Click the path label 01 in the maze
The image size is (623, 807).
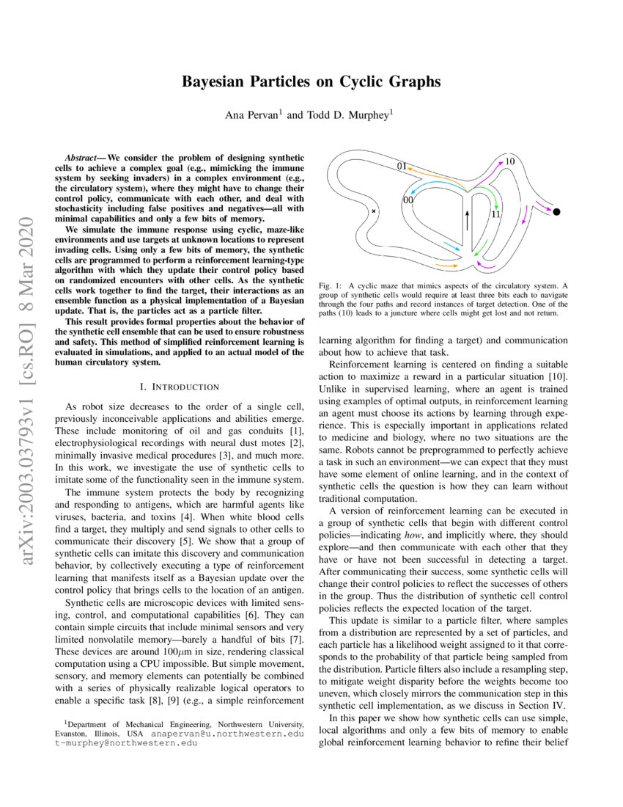tap(402, 167)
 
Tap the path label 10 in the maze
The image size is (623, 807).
tap(510, 161)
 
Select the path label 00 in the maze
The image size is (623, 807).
tap(408, 200)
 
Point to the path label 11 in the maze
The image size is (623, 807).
tap(495, 214)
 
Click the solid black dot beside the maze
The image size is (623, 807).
tap(556, 212)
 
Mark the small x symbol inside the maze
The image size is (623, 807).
tap(374, 211)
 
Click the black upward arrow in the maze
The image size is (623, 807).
tap(465, 219)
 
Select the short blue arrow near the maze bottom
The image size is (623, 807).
tap(451, 248)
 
